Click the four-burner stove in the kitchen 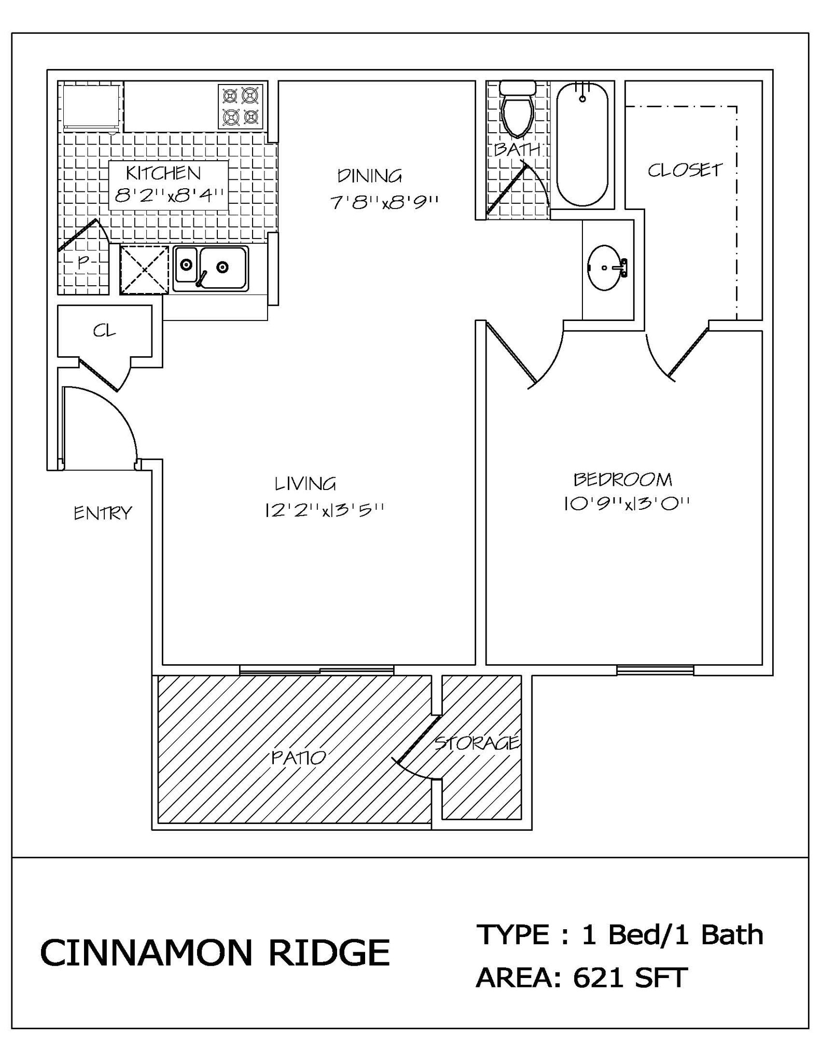pyautogui.click(x=241, y=106)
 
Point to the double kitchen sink pyautogui.click(x=211, y=268)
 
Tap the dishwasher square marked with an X pyautogui.click(x=144, y=270)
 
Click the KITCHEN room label pyautogui.click(x=163, y=173)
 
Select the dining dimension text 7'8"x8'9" pyautogui.click(x=384, y=202)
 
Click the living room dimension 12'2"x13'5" pyautogui.click(x=324, y=510)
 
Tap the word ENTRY pyautogui.click(x=103, y=513)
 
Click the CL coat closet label pyautogui.click(x=104, y=331)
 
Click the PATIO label pyautogui.click(x=299, y=758)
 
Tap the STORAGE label pyautogui.click(x=476, y=743)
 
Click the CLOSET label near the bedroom pyautogui.click(x=685, y=170)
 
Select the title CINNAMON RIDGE pyautogui.click(x=215, y=953)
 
